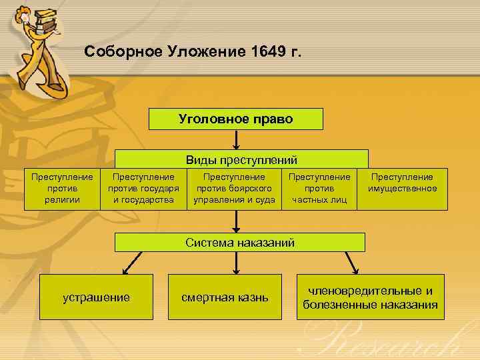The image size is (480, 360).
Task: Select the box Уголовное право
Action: point(235,119)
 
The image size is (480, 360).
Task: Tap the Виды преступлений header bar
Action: point(241,159)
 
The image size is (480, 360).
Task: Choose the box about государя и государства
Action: point(143,189)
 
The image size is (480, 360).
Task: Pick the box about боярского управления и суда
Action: point(234,189)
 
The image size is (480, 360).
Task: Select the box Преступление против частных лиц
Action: point(319,189)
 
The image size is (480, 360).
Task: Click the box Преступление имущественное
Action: point(402,183)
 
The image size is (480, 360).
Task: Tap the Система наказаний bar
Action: point(240,243)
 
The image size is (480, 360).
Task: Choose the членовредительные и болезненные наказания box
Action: point(370,297)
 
